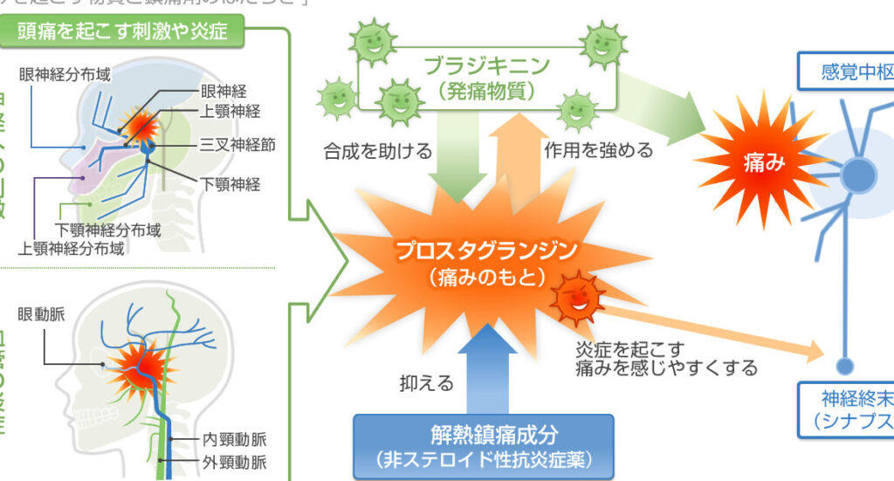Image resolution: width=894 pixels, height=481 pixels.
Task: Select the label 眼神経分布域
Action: point(68,74)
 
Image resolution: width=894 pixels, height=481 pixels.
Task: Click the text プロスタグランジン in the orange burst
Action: point(486,251)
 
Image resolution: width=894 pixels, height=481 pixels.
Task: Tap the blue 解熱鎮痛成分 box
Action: point(483,444)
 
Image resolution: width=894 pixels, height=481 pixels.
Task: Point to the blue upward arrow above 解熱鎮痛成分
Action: point(481,367)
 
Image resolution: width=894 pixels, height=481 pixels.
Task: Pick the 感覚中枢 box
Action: point(848,72)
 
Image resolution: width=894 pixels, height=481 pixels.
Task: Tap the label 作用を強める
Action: point(598,150)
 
